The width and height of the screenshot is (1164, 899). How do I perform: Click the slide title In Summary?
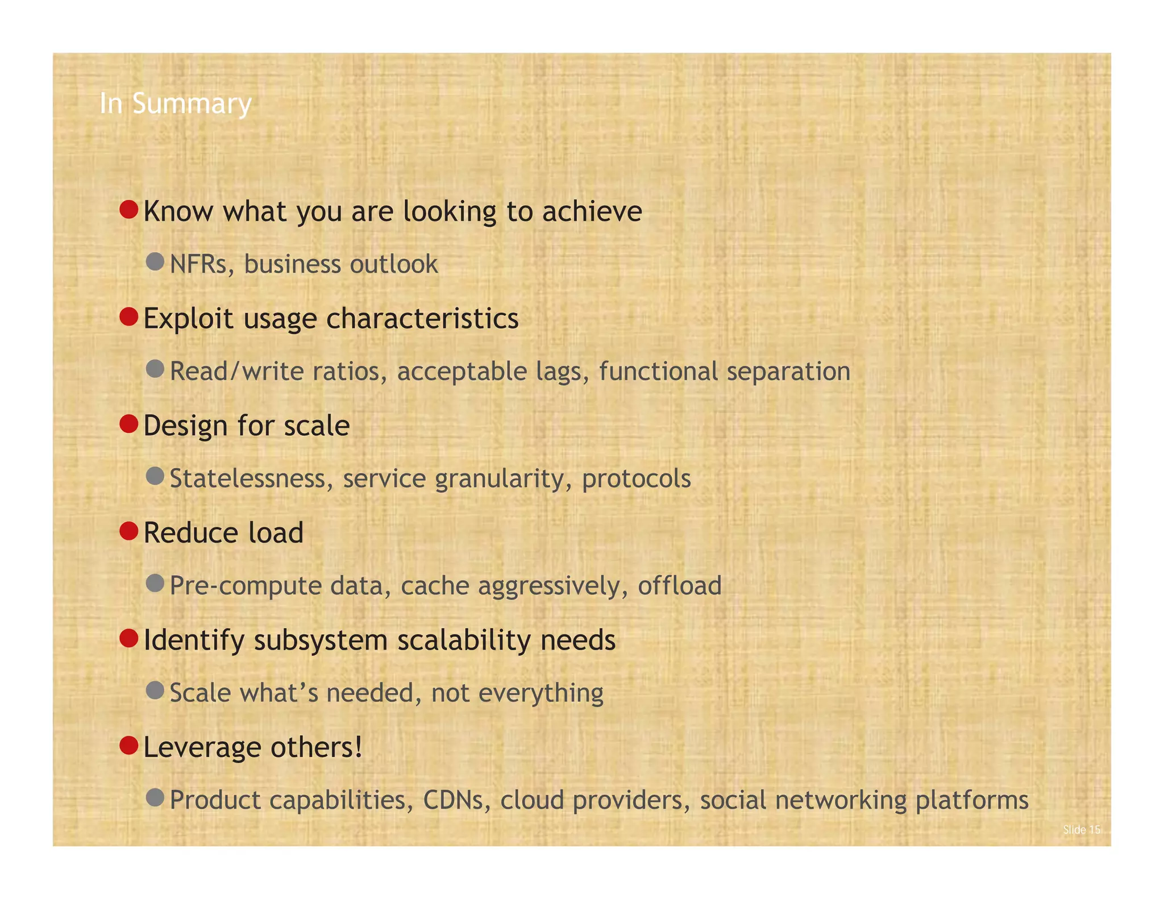point(175,103)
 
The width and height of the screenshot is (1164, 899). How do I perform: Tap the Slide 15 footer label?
point(1081,830)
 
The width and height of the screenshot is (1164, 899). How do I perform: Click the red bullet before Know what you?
point(130,210)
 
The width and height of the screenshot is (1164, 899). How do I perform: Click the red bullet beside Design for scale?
point(130,424)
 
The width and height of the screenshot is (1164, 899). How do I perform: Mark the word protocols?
point(636,478)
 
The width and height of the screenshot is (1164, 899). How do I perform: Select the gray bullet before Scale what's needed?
point(155,690)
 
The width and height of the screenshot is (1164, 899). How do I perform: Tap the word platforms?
point(972,800)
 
